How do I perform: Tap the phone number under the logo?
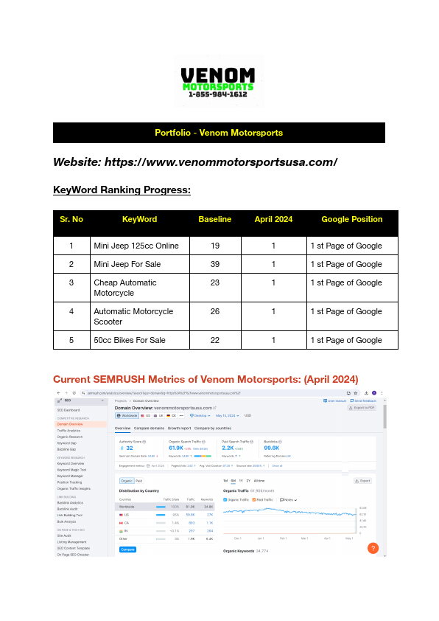[218, 94]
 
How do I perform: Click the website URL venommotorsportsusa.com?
[221, 162]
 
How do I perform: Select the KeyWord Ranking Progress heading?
[122, 190]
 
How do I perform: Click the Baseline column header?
[214, 219]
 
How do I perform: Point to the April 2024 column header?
[273, 219]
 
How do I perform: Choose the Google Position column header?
[351, 219]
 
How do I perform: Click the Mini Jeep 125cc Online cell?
[136, 246]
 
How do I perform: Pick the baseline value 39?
[214, 264]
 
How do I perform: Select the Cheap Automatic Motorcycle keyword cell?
[124, 288]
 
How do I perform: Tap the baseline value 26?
[214, 311]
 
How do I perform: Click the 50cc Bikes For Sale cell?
[130, 340]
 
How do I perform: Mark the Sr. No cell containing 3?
[71, 282]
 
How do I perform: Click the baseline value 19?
[214, 246]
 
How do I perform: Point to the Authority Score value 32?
[129, 448]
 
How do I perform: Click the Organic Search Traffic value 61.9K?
[176, 448]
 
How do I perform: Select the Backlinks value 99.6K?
[271, 448]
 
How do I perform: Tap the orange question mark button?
[373, 548]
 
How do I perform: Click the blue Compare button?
[127, 549]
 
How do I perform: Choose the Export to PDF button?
[362, 407]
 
